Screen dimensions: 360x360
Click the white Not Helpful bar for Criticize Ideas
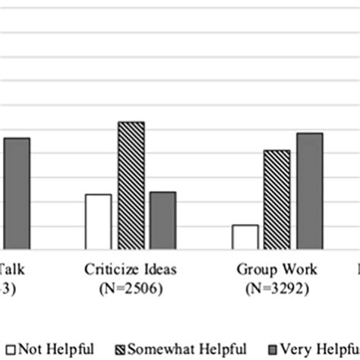pos(98,222)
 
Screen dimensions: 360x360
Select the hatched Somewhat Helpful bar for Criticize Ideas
pos(131,185)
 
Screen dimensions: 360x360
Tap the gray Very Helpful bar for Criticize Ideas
pos(163,220)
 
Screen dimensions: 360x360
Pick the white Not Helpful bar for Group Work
pos(245,237)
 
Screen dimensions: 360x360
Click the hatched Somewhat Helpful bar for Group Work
pos(276,199)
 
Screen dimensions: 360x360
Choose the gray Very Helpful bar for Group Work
pos(309,191)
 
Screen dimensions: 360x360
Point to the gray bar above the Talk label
pos(17,194)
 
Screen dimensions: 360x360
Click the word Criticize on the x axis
pos(111,270)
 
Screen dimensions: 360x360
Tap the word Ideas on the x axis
pos(159,270)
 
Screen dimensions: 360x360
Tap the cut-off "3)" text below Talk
pos(6,289)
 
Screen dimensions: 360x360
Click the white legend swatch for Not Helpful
pos(9,349)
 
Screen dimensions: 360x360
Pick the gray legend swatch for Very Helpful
pos(276,349)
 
